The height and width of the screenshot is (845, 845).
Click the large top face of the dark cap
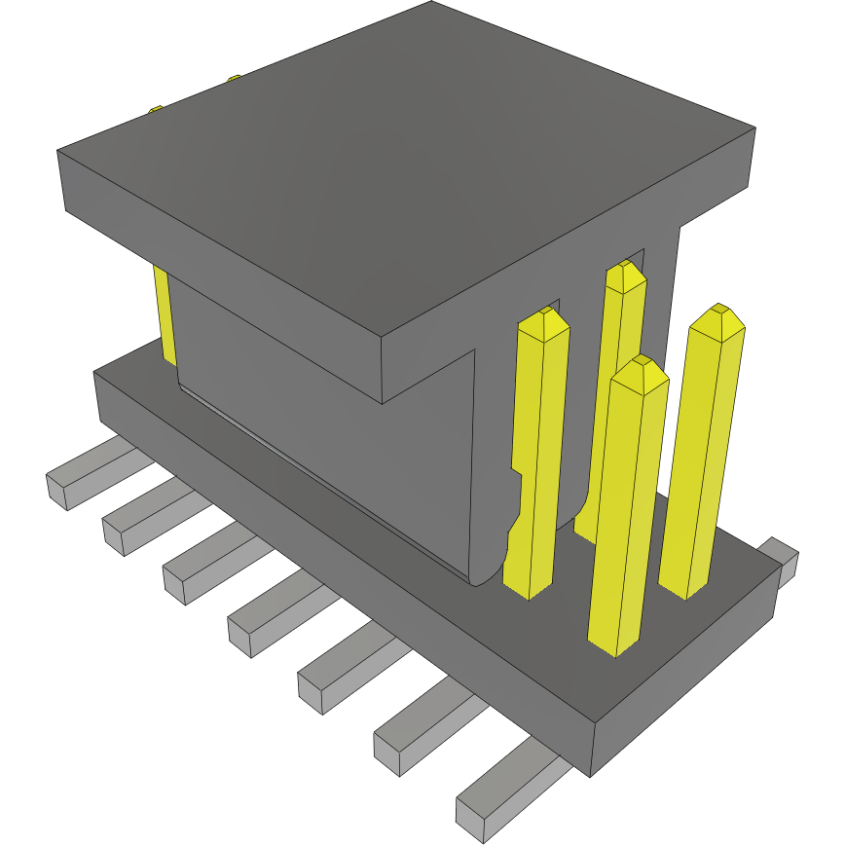pos(409,165)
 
